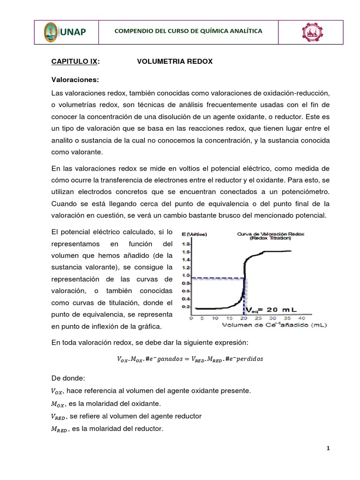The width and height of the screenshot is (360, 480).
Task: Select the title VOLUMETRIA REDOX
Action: click(174, 61)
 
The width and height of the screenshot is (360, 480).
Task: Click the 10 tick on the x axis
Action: click(215, 318)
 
